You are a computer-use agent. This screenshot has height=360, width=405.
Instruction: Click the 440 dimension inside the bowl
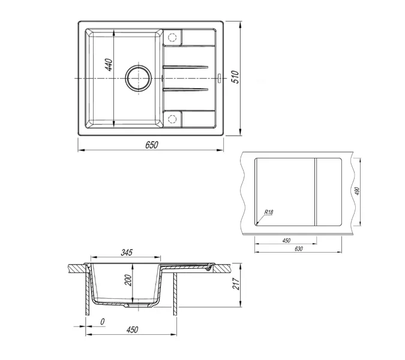point(109,65)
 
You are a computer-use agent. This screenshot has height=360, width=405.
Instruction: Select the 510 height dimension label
point(236,77)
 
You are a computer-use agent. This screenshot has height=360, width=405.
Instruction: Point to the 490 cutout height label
point(356,191)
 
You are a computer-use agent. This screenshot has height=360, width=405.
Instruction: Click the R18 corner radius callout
point(268,212)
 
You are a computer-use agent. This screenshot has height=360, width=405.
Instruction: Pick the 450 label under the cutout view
point(286,240)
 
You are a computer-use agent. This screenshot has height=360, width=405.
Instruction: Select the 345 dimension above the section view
point(126,252)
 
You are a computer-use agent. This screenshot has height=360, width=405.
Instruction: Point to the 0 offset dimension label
point(103,322)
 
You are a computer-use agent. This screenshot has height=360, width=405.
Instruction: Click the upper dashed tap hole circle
point(173,38)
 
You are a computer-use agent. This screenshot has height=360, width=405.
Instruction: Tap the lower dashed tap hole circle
point(173,118)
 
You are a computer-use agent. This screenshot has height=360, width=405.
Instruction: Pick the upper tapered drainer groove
point(186,67)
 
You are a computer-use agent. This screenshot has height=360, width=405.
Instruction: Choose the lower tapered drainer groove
point(186,90)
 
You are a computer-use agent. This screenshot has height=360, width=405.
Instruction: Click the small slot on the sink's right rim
point(220,78)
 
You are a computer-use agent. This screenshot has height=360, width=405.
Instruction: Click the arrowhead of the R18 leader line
point(257,224)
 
